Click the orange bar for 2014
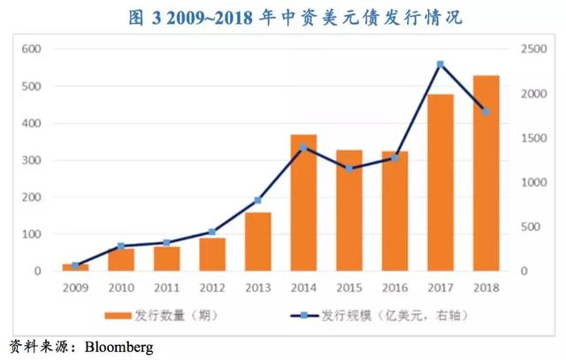pos(303,203)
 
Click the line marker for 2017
pos(440,64)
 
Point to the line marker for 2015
pos(349,168)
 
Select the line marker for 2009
pos(76,265)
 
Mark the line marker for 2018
pos(486,111)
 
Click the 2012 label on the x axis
pos(212,288)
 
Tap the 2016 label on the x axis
pos(394,288)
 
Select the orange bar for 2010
pos(121,260)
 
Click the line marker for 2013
pos(258,200)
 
